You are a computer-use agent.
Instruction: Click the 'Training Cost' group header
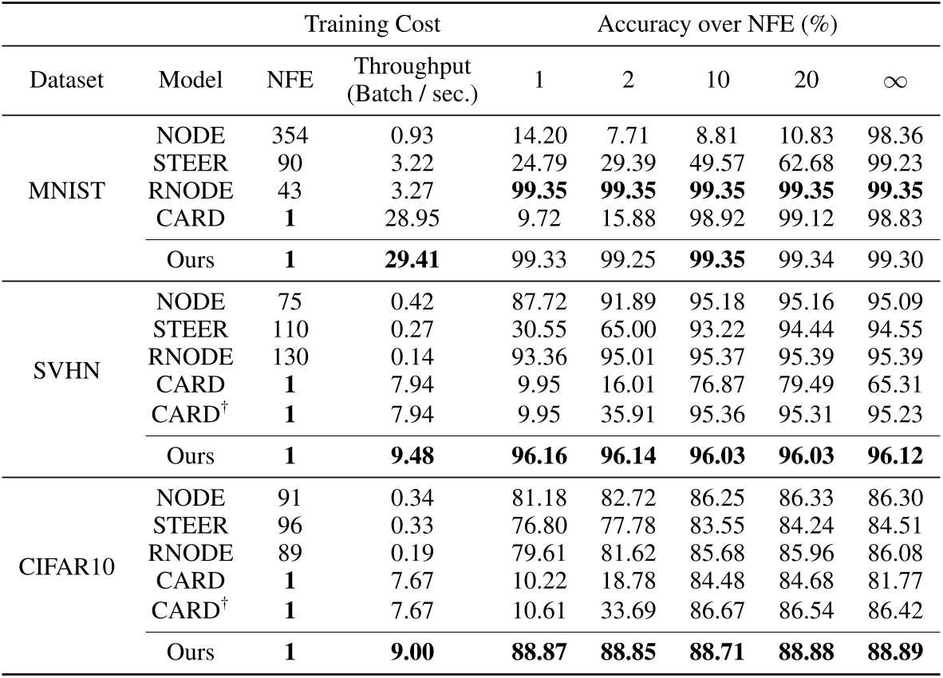(372, 24)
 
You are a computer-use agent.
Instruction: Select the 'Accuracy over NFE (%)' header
(713, 24)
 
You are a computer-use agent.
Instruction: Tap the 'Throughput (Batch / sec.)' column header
(412, 81)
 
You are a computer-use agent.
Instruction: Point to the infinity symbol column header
(894, 81)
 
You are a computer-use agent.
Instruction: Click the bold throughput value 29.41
(412, 260)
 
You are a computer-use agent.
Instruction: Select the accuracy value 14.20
(539, 136)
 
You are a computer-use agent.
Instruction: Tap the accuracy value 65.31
(894, 384)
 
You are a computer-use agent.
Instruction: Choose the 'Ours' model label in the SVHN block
(191, 455)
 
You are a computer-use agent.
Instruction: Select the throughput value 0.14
(412, 357)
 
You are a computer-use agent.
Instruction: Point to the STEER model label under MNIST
(191, 163)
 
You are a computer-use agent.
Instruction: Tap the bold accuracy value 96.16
(539, 455)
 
